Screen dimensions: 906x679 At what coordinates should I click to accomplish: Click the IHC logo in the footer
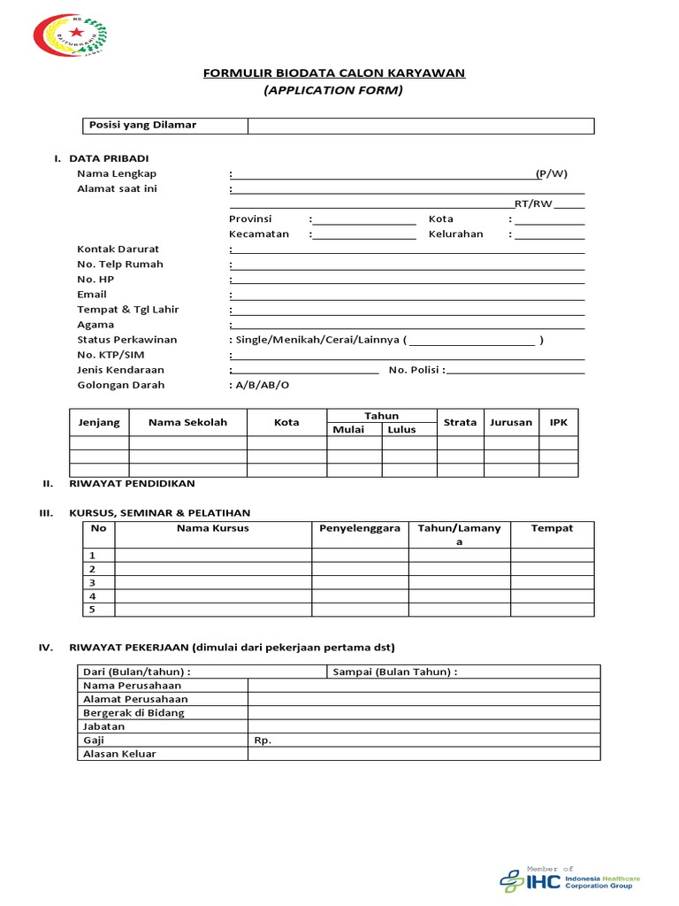(569, 880)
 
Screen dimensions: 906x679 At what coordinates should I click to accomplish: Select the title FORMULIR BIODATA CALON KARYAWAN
(334, 73)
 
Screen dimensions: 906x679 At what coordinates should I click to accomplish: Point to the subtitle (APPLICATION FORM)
(334, 90)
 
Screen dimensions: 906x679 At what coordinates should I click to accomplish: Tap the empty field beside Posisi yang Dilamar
(420, 126)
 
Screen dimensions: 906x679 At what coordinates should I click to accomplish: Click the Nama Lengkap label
(117, 173)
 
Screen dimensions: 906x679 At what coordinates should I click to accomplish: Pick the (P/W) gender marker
(552, 173)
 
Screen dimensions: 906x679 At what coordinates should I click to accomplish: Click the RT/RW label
(533, 203)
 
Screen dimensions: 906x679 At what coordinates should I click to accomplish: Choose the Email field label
(92, 294)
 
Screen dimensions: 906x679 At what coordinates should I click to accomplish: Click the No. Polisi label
(416, 370)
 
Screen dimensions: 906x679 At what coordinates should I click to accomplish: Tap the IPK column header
(559, 422)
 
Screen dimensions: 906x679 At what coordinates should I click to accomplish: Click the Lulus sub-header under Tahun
(401, 429)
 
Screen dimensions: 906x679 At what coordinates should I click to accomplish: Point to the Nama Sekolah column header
(187, 422)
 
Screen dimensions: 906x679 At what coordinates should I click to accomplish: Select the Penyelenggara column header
(360, 528)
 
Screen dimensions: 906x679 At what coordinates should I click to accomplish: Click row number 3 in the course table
(92, 583)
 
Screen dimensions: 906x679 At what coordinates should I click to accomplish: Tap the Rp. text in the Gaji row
(263, 740)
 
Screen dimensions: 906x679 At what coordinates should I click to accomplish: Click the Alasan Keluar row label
(119, 754)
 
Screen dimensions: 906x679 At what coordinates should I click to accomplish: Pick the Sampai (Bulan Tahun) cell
(395, 672)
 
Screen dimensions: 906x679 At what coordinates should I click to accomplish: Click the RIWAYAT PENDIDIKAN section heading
(132, 484)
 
